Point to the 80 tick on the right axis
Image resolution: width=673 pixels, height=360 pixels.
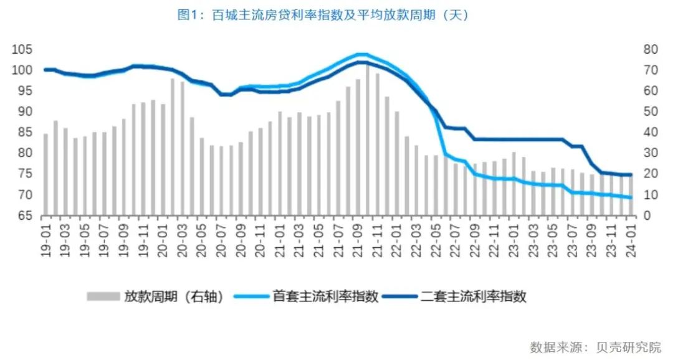(647, 50)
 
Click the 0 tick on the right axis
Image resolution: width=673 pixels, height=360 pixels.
(644, 216)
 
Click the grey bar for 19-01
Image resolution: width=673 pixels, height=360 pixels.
(45, 174)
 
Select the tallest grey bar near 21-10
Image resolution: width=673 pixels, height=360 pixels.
(368, 140)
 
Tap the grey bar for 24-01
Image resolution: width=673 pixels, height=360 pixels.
(630, 195)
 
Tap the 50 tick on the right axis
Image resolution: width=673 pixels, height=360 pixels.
(647, 112)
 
